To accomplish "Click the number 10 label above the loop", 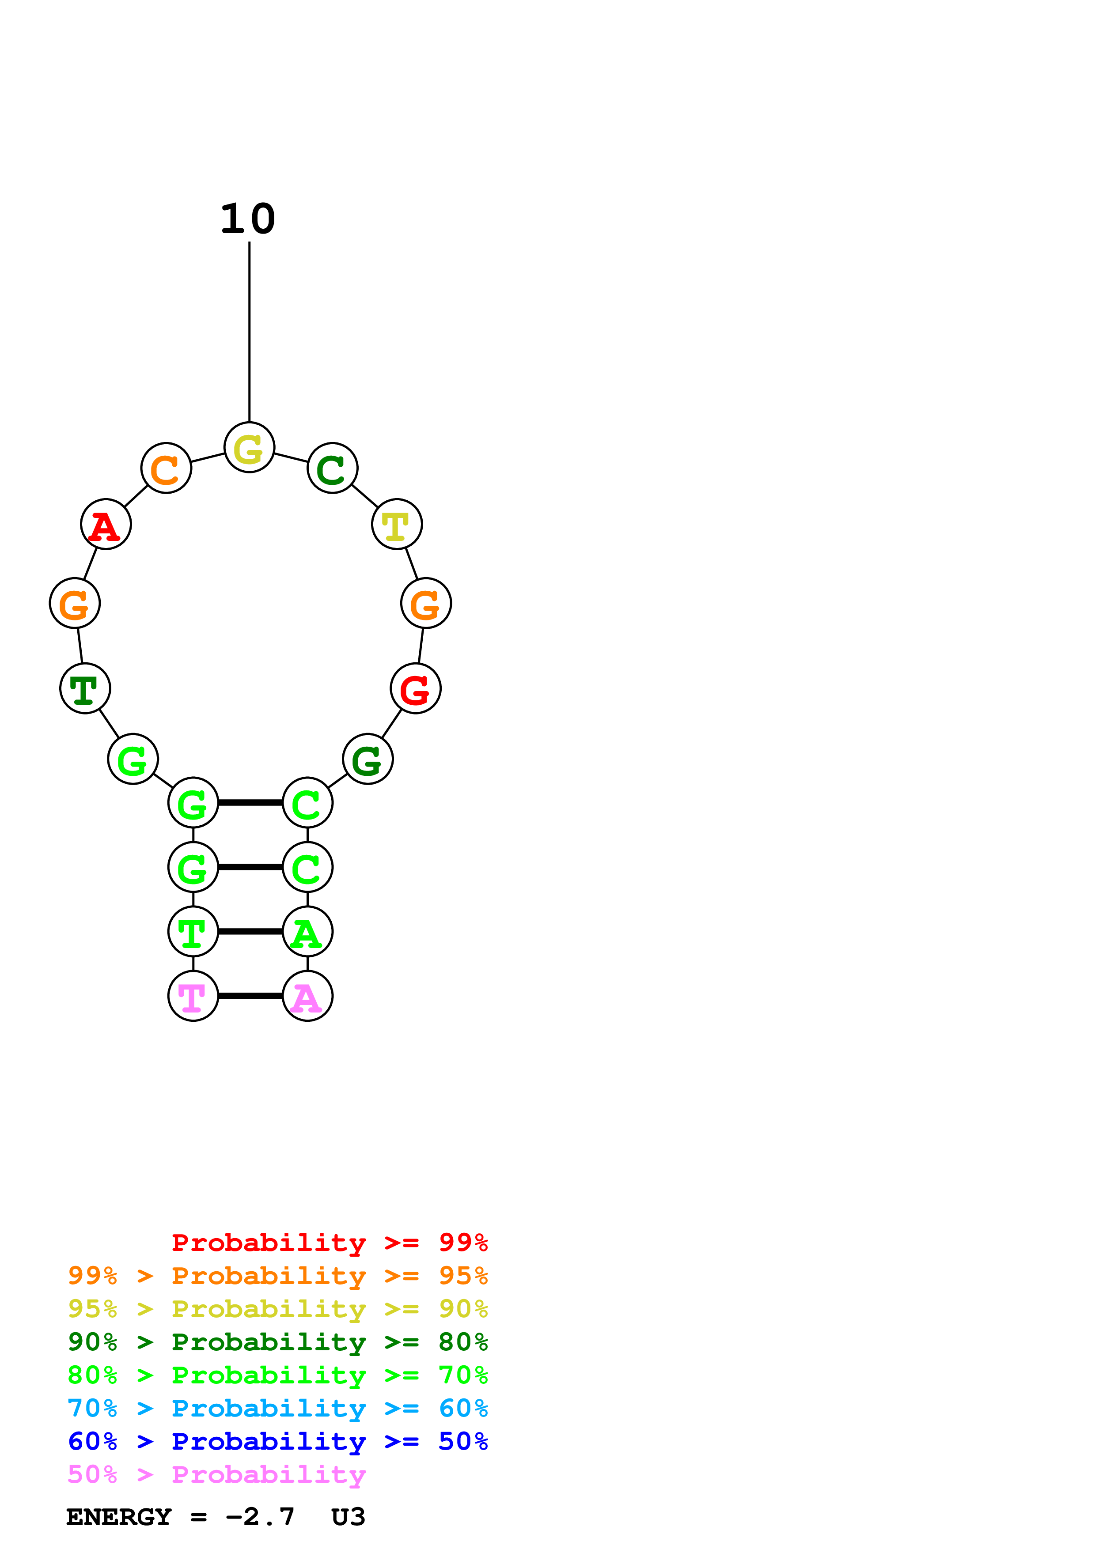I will click(248, 219).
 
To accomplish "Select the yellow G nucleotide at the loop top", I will click(249, 447).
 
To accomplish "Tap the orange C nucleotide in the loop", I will click(166, 468).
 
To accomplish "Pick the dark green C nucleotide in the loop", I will click(332, 468).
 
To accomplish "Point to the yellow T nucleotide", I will click(397, 524).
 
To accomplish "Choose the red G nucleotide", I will click(416, 688).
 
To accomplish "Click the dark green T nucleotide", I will click(85, 688).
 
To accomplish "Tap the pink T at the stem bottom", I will click(193, 996).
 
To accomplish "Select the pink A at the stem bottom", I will click(308, 996).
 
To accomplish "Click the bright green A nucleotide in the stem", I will click(308, 932).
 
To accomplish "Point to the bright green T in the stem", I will click(193, 932).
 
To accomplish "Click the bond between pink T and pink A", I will click(250, 996).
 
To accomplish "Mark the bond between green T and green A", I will click(250, 932).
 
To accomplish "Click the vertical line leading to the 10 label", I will click(250, 331).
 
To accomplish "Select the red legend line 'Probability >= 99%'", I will click(329, 1243).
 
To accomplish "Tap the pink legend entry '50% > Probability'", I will click(216, 1475).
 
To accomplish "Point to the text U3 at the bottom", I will click(348, 1517).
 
